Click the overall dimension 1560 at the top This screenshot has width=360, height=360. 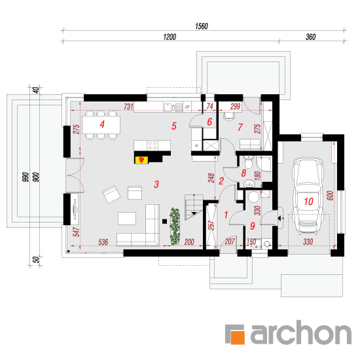[x=202, y=26]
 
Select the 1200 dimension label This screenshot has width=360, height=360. [x=170, y=37]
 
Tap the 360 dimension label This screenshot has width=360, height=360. [x=311, y=37]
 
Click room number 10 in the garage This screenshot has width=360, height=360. [x=308, y=202]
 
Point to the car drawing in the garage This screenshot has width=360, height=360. [x=308, y=196]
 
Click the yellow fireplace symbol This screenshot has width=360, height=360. [x=141, y=160]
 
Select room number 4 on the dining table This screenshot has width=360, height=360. [x=102, y=124]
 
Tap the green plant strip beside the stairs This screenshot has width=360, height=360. [x=175, y=226]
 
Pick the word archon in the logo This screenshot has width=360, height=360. [x=301, y=333]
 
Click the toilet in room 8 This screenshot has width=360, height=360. [x=248, y=162]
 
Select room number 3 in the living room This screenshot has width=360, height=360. [x=156, y=184]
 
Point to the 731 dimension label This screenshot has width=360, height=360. [x=128, y=107]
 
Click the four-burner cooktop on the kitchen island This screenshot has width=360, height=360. [x=153, y=145]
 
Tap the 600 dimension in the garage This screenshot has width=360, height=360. [x=330, y=196]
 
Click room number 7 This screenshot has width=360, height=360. [x=240, y=127]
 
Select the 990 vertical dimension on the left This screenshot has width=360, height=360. [x=26, y=177]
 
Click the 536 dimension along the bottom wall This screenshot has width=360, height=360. [x=103, y=242]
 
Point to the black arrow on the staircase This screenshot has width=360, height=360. [x=194, y=213]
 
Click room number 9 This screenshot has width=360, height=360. [x=253, y=226]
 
